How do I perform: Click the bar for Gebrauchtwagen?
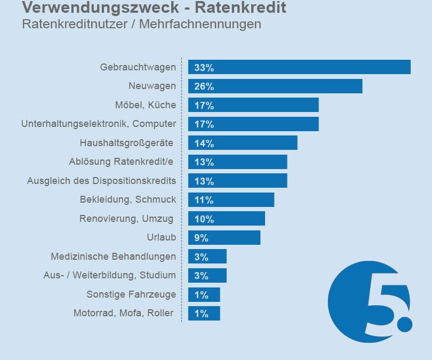(299, 67)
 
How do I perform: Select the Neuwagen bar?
(275, 86)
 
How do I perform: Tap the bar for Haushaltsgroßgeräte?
(243, 143)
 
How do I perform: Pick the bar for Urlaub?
(224, 238)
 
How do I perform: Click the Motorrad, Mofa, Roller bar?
(204, 314)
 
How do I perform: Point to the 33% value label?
(204, 68)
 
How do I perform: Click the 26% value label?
(204, 86)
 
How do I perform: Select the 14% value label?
(204, 143)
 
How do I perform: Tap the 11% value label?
(204, 200)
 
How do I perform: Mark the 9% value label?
(201, 238)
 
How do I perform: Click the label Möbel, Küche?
(145, 105)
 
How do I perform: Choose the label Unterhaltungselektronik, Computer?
(99, 124)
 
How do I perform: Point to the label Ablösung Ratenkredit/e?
(122, 162)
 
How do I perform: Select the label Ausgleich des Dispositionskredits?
(101, 181)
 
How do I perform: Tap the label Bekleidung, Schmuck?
(127, 199)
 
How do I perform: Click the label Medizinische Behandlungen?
(113, 257)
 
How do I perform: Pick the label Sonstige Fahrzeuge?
(131, 294)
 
